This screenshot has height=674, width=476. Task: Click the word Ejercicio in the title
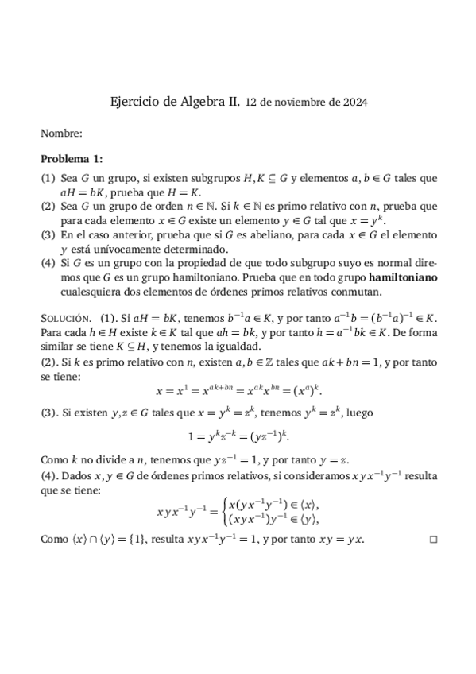tap(134, 102)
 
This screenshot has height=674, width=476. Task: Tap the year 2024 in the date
tap(354, 103)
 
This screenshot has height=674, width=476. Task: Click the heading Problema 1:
tap(72, 159)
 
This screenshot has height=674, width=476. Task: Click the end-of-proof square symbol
tap(433, 540)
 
